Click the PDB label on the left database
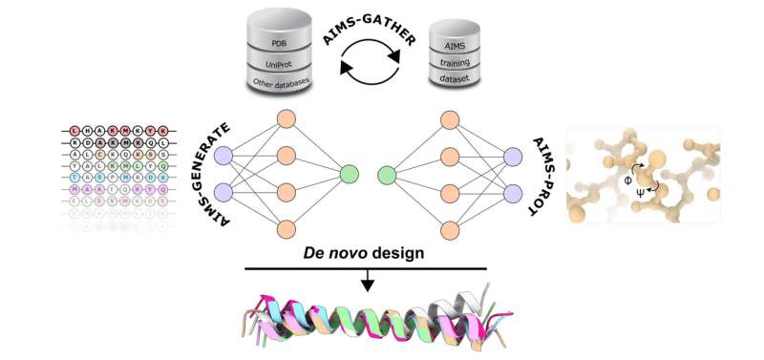coord(280,42)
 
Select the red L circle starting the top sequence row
coord(74,130)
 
